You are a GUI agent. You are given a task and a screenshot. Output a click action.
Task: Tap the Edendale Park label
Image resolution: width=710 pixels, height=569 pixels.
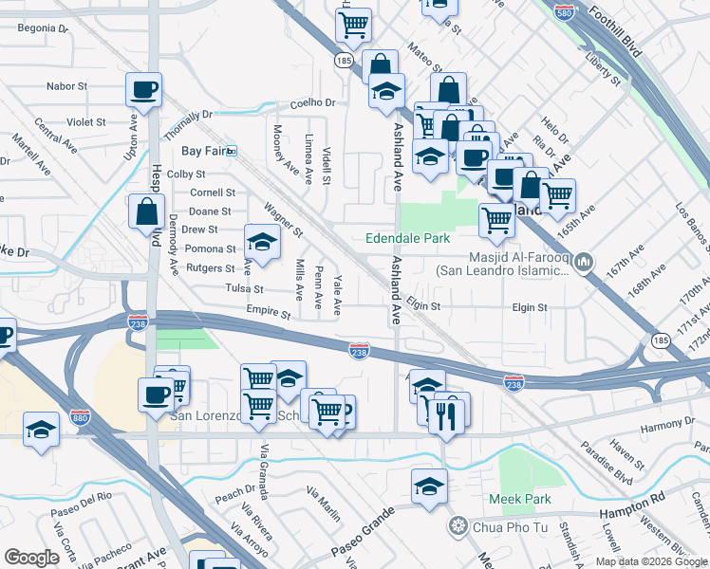(407, 238)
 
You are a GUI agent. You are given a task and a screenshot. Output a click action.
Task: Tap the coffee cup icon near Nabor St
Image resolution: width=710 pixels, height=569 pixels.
(144, 90)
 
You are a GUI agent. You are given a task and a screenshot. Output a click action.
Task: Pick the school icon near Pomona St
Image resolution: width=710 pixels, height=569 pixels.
(263, 242)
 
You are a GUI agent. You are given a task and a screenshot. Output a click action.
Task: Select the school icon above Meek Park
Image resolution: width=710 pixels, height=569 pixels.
(429, 486)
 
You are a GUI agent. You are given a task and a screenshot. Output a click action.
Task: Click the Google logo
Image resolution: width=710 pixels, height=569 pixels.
(31, 558)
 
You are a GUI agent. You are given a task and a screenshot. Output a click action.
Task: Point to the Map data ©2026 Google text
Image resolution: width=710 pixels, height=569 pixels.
(651, 561)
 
